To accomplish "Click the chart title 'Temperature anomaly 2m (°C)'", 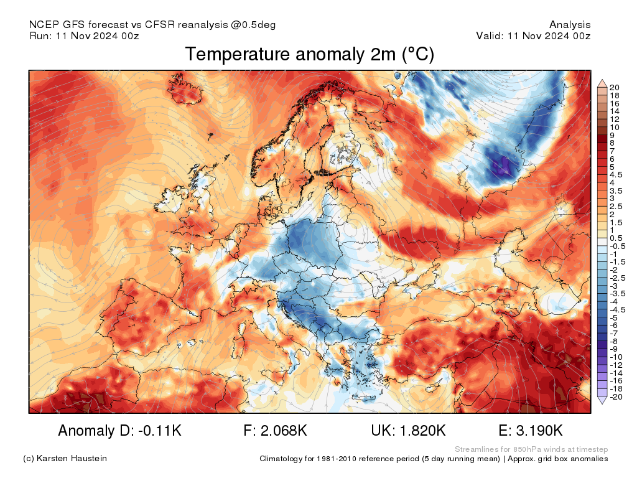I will click(309, 55).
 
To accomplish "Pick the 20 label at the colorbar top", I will click(615, 87).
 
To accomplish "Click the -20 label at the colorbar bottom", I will click(616, 396).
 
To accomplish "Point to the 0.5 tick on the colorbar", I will click(615, 238).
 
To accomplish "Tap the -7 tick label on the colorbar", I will click(613, 333).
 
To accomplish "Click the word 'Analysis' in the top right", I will click(570, 25).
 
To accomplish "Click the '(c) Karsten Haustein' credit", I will click(65, 459).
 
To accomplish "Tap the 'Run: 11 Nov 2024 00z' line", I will click(84, 35).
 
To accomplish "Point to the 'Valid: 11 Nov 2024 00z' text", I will click(533, 35).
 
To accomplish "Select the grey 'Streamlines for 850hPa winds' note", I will click(531, 449).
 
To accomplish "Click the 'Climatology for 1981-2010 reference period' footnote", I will click(379, 459).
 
